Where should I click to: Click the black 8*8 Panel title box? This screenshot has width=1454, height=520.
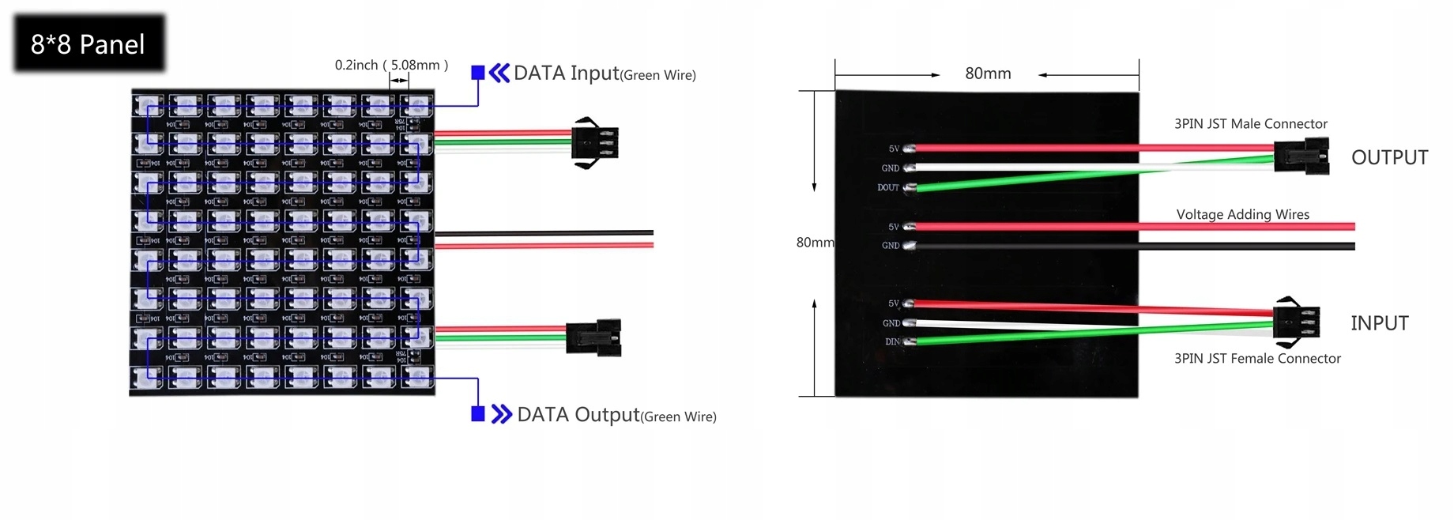(x=89, y=44)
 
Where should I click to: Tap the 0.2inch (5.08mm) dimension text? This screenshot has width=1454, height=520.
(x=391, y=65)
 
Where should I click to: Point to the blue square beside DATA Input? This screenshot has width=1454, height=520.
(x=477, y=73)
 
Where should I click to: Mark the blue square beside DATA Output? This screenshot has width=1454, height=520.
(x=477, y=414)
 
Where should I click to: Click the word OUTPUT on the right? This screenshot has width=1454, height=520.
(x=1389, y=157)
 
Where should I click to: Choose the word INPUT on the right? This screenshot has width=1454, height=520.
(x=1379, y=323)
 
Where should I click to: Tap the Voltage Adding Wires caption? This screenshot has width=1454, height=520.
(x=1242, y=214)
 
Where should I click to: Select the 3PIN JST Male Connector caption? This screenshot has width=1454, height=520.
(x=1250, y=124)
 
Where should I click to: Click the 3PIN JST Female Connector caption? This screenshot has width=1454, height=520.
(x=1256, y=359)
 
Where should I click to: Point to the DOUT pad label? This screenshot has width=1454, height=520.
(x=887, y=188)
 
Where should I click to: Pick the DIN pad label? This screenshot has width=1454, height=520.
(x=892, y=342)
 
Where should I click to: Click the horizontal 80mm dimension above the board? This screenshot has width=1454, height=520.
(x=988, y=73)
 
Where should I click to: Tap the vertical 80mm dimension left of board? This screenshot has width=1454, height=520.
(x=814, y=243)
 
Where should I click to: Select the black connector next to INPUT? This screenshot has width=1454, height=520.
(x=1297, y=322)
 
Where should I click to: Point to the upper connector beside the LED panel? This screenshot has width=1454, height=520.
(x=595, y=143)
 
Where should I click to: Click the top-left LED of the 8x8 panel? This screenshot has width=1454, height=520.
(x=148, y=105)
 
